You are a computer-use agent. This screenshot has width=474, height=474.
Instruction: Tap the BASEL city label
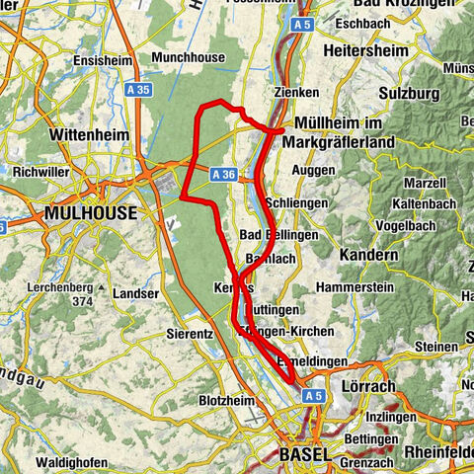[x=302, y=454]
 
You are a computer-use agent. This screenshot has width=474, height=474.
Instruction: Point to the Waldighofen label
[x=73, y=462]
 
